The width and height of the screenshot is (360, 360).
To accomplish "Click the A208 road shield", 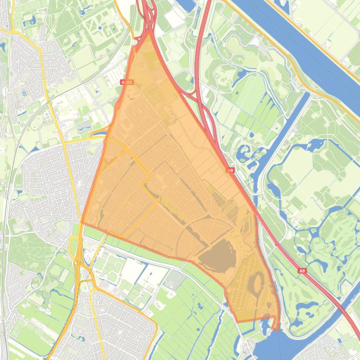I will pyautogui.click(x=127, y=82).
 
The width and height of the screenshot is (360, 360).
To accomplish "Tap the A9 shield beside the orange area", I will pyautogui.click(x=230, y=171).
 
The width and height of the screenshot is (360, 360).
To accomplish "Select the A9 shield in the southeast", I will pyautogui.click(x=302, y=270).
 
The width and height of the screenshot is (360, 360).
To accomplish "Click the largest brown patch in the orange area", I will pyautogui.click(x=216, y=256).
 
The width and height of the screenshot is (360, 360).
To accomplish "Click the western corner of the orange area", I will pyautogui.click(x=82, y=223).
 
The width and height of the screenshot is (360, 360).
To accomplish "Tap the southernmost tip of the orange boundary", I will pyautogui.click(x=276, y=329).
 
